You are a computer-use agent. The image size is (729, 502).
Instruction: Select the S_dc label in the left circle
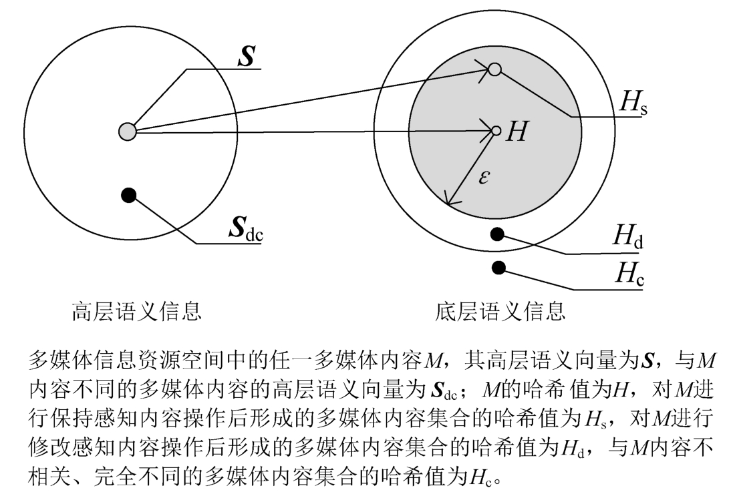point(245,229)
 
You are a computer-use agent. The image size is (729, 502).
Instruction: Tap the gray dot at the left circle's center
point(127,132)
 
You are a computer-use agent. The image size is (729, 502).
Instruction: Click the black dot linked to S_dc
point(130,195)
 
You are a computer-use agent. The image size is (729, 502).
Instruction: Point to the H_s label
point(633,103)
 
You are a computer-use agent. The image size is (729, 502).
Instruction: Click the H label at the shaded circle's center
point(517,132)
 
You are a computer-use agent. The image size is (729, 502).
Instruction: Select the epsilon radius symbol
point(484,177)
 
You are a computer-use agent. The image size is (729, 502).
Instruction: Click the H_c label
point(629,274)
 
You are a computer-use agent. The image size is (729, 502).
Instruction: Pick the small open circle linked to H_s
point(494,69)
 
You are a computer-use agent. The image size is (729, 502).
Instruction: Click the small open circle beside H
point(496,131)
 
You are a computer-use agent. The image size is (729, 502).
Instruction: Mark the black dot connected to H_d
point(496,234)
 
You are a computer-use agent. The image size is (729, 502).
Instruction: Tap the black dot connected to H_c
point(498,267)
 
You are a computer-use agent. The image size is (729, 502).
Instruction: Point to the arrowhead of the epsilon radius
point(450,200)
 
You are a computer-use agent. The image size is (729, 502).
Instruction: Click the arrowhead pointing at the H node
point(487,131)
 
